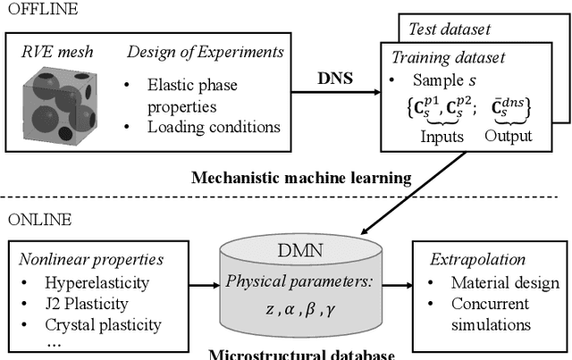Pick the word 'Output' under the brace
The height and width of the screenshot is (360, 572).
[x=508, y=136]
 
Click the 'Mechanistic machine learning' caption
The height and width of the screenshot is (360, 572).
[x=301, y=178]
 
